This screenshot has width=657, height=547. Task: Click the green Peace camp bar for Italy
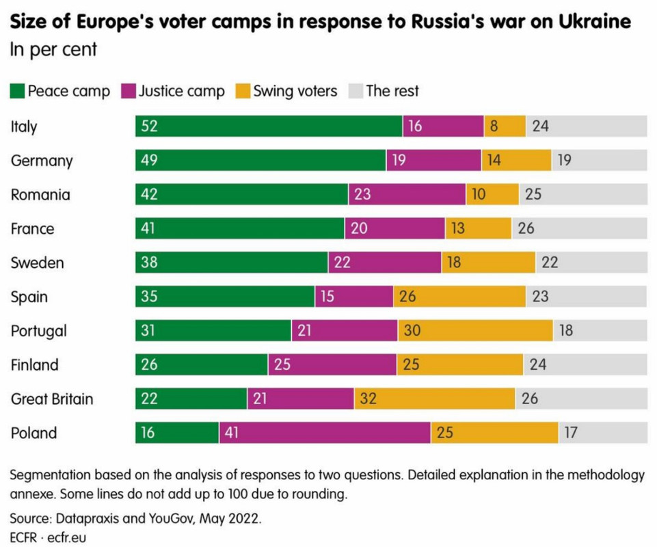pyautogui.click(x=269, y=126)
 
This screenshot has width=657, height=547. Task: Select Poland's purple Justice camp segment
pyautogui.click(x=325, y=433)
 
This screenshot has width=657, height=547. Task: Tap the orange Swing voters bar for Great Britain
pyautogui.click(x=434, y=399)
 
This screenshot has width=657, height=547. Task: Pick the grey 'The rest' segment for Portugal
pyautogui.click(x=600, y=331)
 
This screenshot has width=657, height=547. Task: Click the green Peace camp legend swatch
pyautogui.click(x=17, y=91)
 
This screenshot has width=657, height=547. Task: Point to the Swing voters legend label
pyautogui.click(x=295, y=91)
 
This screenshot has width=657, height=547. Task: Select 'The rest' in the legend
pyautogui.click(x=392, y=91)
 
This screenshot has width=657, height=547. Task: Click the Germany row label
pyautogui.click(x=42, y=161)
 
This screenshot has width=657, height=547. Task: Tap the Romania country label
pyautogui.click(x=40, y=195)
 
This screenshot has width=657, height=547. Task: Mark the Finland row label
pyautogui.click(x=35, y=365)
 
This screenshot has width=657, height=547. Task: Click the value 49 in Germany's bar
pyautogui.click(x=150, y=161)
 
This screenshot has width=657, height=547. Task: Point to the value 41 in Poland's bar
pyautogui.click(x=232, y=433)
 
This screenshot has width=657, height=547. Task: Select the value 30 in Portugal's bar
pyautogui.click(x=413, y=331)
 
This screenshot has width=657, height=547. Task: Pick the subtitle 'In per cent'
pyautogui.click(x=53, y=50)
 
